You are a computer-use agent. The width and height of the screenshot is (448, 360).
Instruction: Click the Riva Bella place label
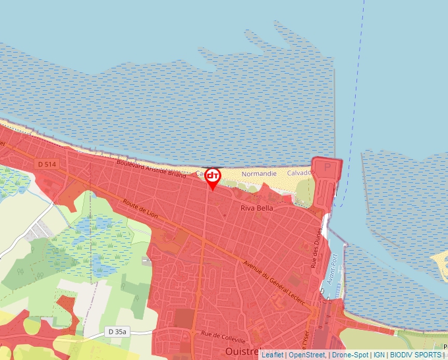pyautogui.click(x=257, y=208)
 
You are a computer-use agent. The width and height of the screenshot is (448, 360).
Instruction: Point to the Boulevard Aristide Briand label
pyautogui.click(x=151, y=168)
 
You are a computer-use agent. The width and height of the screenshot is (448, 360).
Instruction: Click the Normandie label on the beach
pyautogui.click(x=259, y=174)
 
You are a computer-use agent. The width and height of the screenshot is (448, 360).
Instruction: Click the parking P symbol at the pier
pyautogui.click(x=327, y=167)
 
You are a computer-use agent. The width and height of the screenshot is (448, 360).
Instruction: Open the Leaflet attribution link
pyautogui.click(x=272, y=355)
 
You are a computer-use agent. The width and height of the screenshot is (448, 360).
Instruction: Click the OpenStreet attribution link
pyautogui.click(x=306, y=355)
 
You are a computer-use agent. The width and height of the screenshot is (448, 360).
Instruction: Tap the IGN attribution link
pyautogui.click(x=379, y=355)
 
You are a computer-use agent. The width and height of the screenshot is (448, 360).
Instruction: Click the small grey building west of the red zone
pyautogui.click(x=146, y=260)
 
